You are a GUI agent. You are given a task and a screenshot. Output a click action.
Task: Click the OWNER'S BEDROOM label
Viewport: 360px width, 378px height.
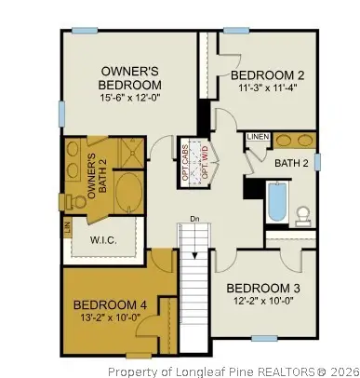129,78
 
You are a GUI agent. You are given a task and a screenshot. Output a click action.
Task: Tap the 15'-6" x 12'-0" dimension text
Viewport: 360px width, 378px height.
129,98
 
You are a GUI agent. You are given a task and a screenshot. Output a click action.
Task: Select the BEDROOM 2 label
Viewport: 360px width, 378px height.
267,75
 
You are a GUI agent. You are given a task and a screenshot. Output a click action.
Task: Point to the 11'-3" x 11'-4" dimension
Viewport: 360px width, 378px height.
268,88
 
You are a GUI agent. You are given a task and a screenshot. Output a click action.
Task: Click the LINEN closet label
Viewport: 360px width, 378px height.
258,137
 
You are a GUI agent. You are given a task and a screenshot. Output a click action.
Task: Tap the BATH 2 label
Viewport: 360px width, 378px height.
291,163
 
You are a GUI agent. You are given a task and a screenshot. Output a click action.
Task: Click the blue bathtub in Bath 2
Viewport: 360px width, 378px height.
277,202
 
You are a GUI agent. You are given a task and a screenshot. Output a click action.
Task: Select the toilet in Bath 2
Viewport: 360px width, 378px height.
302,216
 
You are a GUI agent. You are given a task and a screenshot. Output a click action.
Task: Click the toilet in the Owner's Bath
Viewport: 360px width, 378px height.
73,202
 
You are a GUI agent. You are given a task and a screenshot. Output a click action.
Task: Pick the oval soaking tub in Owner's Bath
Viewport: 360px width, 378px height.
128,193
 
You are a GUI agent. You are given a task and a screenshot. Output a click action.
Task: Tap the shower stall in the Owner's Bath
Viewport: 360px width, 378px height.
132,153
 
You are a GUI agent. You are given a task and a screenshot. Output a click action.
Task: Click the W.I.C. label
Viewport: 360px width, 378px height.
103,240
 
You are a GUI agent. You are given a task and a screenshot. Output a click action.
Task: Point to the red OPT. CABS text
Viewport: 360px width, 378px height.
185,162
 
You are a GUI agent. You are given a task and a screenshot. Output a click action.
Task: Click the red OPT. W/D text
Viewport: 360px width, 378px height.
206,163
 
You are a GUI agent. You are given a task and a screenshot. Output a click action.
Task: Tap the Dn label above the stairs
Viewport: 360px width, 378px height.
194,219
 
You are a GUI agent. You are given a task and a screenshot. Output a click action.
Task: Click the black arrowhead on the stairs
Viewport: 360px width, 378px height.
194,255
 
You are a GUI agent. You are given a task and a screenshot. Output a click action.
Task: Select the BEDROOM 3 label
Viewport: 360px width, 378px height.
263,289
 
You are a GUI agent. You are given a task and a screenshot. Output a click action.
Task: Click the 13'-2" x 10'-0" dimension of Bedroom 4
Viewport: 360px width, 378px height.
111,317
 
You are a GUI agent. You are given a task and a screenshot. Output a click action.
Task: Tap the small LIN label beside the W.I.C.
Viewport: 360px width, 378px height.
68,227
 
